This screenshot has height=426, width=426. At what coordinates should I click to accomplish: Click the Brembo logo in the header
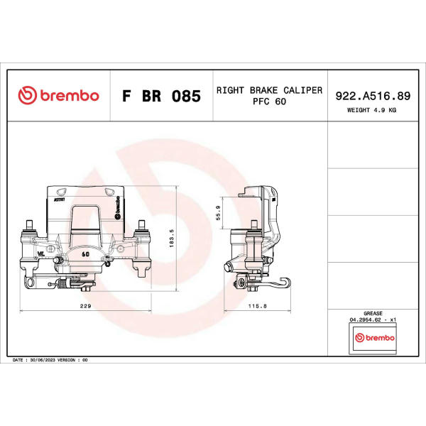(x=58, y=95)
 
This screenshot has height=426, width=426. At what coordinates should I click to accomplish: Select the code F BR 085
(x=161, y=96)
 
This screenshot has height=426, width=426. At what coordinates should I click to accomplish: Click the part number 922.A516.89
(x=373, y=96)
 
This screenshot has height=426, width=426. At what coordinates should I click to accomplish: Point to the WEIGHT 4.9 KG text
(x=371, y=110)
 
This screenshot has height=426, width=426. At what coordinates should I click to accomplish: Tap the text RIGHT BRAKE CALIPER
(x=269, y=90)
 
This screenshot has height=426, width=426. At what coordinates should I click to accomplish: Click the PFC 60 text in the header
(x=269, y=102)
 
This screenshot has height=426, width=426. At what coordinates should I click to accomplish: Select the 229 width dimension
(x=86, y=306)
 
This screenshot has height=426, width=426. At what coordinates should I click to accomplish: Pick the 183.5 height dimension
(x=171, y=239)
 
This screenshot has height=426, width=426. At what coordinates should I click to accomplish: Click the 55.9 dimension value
(x=218, y=213)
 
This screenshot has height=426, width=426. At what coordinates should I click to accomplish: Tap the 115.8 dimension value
(x=257, y=306)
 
